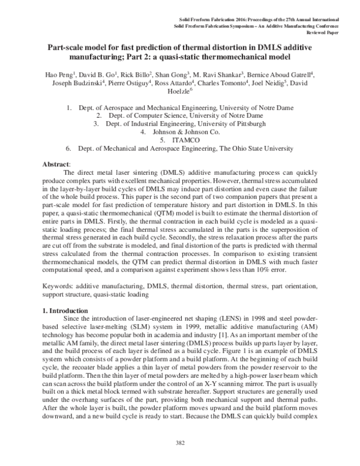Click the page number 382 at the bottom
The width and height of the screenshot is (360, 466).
180,459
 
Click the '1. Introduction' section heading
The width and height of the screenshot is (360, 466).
67,310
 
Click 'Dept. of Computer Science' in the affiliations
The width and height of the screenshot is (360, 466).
145,115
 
